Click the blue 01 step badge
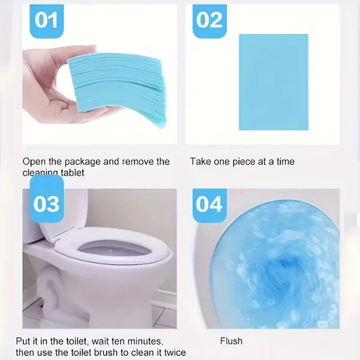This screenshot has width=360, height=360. click(x=47, y=20)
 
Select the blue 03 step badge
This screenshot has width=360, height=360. click(x=47, y=203)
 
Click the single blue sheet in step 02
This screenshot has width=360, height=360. click(x=274, y=81)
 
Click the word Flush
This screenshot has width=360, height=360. click(x=232, y=341)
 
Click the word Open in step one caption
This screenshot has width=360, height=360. click(x=34, y=161)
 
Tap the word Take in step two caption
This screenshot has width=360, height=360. click(x=201, y=161)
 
